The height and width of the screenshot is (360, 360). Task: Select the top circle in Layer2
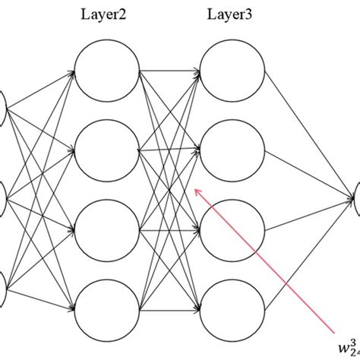(107, 73)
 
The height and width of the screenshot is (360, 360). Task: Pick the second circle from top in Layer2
(107, 150)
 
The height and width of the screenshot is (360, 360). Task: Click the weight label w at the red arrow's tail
(346, 342)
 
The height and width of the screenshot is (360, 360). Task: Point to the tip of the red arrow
(197, 190)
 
